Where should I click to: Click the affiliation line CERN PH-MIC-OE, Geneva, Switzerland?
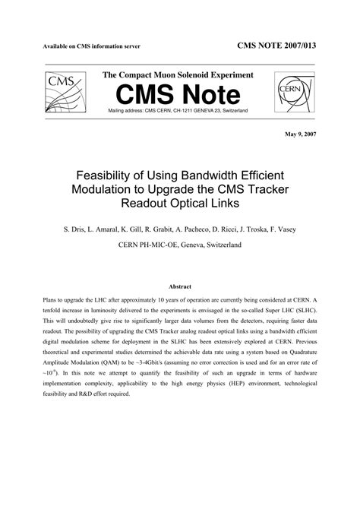[x=179, y=245]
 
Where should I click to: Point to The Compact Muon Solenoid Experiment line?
[x=178, y=75]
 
